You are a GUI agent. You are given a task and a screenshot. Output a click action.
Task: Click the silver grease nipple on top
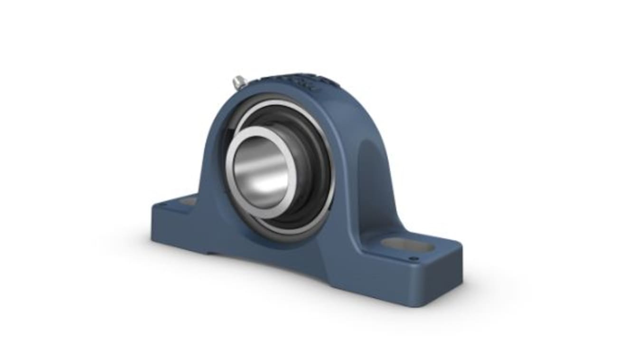click(239, 83)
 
